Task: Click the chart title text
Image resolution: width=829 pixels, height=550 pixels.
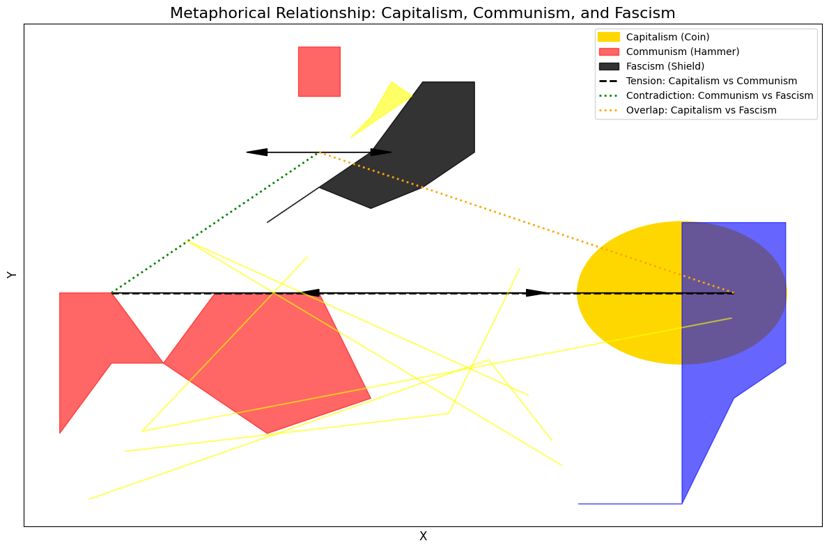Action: [422, 13]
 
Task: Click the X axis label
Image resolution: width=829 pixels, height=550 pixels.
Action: [423, 536]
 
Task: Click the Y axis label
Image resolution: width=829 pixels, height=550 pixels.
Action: [12, 275]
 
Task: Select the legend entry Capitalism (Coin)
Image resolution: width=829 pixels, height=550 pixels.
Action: [668, 37]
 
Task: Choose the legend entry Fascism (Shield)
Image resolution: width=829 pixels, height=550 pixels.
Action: [665, 66]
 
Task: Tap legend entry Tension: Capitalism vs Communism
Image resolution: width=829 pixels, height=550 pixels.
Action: [711, 81]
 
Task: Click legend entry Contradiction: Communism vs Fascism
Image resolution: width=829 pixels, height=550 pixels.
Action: [720, 95]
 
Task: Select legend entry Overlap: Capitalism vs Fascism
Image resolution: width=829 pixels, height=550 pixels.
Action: [701, 110]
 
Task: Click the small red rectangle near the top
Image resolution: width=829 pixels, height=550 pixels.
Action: [319, 71]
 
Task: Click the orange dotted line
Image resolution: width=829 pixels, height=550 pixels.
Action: [522, 221]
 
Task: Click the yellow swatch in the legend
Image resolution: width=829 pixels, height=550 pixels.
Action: [609, 37]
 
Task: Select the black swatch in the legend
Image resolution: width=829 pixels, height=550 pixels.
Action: [609, 66]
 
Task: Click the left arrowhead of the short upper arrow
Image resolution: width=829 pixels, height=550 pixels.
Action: [256, 152]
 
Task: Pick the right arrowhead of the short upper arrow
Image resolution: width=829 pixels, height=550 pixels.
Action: [381, 152]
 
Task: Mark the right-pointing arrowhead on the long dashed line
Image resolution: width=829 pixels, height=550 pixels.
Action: [537, 292]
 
